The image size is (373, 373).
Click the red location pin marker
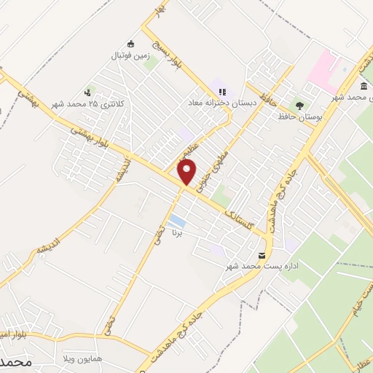pyautogui.click(x=187, y=172)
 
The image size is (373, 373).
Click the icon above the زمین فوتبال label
pyautogui.click(x=131, y=44)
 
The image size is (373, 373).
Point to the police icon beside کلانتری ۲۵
pyautogui.click(x=88, y=92)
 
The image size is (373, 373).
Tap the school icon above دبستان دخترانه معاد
pyautogui.click(x=222, y=92)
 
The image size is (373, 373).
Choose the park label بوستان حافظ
pyautogui.click(x=298, y=116)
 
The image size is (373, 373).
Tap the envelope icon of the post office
pyautogui.click(x=262, y=255)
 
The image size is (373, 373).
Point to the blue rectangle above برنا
pyautogui.click(x=176, y=220)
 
